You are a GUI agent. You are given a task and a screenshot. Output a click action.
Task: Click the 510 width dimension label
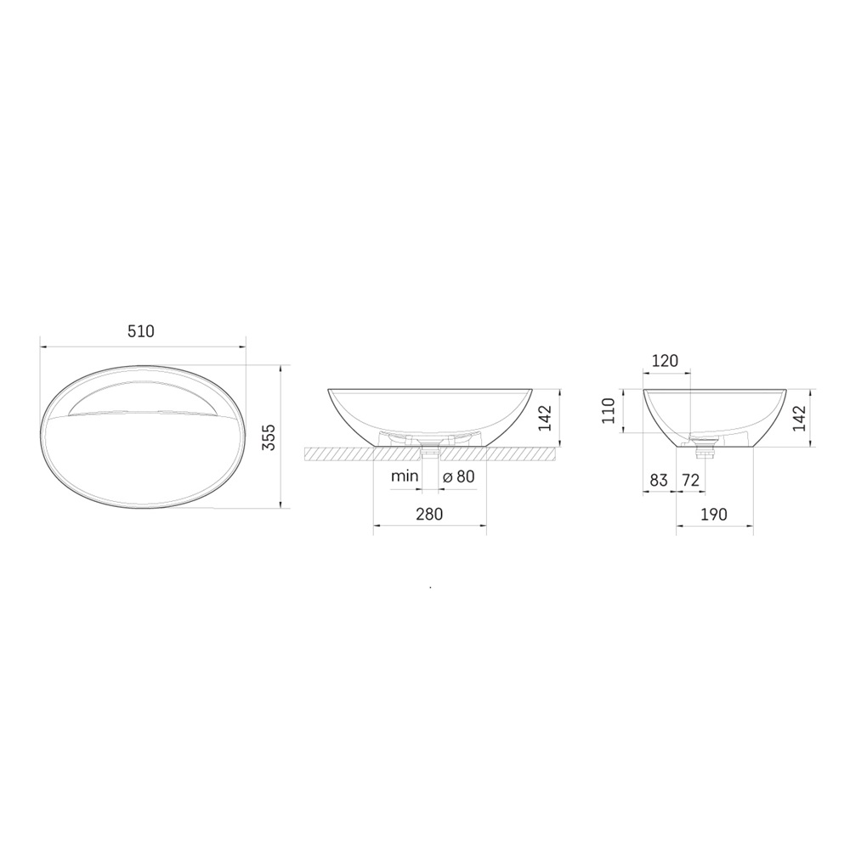pyautogui.click(x=141, y=331)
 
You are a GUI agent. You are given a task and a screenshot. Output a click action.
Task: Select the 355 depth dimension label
pyautogui.click(x=269, y=437)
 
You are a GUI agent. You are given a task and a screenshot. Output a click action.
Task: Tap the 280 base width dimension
pyautogui.click(x=429, y=514)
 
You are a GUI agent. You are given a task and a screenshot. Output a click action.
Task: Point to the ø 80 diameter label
pyautogui.click(x=459, y=476)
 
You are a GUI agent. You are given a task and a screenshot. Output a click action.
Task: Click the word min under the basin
pyautogui.click(x=405, y=476)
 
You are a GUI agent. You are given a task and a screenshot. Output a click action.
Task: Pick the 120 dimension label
pyautogui.click(x=665, y=360)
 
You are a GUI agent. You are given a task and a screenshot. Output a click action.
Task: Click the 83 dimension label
pyautogui.click(x=658, y=481)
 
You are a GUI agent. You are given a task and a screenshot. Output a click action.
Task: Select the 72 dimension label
pyautogui.click(x=690, y=481)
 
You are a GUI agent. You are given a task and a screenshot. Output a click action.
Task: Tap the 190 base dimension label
pyautogui.click(x=714, y=514)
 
